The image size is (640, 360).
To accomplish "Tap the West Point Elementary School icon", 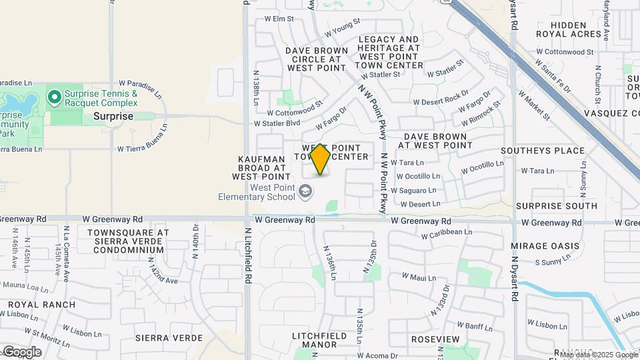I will coord(305,192).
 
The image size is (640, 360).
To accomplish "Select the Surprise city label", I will coord(113,116).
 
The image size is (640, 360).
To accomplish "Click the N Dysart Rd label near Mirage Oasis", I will coord(515,273).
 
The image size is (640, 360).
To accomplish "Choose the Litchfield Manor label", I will coord(319,340).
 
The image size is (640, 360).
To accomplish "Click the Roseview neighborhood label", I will coord(436,339).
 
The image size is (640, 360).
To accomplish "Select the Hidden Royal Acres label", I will coord(569,30).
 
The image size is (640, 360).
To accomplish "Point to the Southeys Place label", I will coord(543,151).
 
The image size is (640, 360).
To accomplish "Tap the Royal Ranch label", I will coord(32,305).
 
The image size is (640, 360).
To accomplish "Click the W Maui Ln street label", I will coord(419,277).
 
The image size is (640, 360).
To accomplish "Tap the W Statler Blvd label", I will coord(277,123).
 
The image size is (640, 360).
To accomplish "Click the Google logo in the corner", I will coord(22,351).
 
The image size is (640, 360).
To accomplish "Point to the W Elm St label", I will coord(279,19).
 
